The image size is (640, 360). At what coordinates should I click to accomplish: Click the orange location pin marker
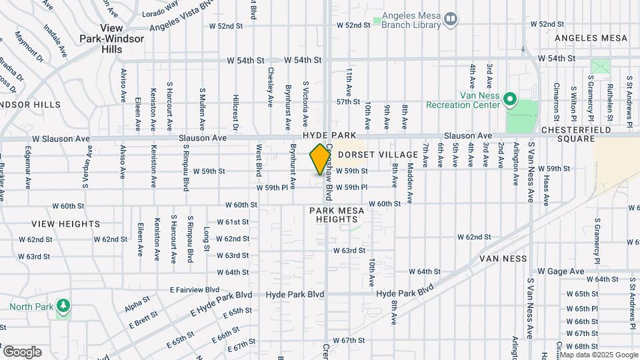click(320, 159)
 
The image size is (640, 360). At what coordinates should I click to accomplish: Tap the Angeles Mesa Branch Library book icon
click(451, 19)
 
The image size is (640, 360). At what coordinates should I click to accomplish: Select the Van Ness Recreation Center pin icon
click(510, 100)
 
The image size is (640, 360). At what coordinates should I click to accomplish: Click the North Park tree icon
click(64, 305)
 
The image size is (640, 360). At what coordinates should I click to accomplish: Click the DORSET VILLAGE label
click(378, 155)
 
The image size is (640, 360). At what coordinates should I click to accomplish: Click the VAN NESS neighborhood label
click(503, 258)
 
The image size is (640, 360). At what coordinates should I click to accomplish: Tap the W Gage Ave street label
click(561, 271)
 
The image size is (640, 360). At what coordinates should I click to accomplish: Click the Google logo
click(21, 351)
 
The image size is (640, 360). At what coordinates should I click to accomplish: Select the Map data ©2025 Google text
click(599, 355)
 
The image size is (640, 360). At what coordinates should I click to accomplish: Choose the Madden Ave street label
click(410, 184)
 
